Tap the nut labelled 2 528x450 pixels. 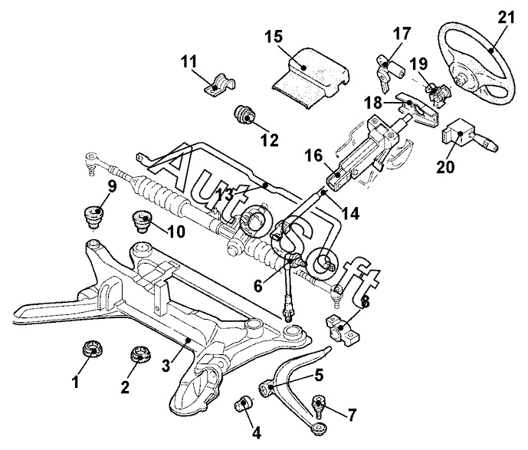pyautogui.click(x=140, y=356)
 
